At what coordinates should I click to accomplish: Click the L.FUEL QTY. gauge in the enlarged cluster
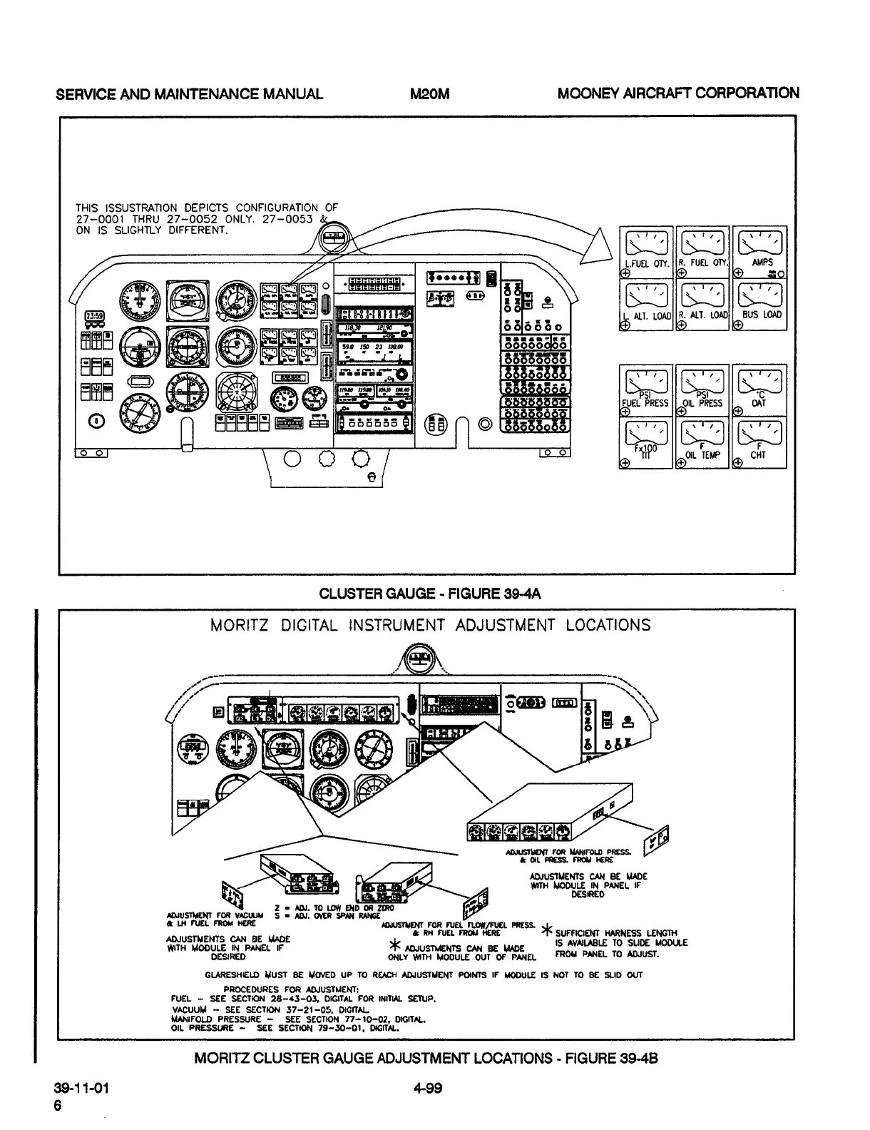646,251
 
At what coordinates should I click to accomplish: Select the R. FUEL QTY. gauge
702,251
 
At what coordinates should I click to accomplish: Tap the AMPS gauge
760,251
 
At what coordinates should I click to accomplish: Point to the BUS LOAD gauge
760,302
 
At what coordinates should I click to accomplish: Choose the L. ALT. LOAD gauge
646,302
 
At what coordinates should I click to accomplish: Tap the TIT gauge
646,442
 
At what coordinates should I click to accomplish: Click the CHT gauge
760,442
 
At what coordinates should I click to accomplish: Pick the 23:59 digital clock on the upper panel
94,316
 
